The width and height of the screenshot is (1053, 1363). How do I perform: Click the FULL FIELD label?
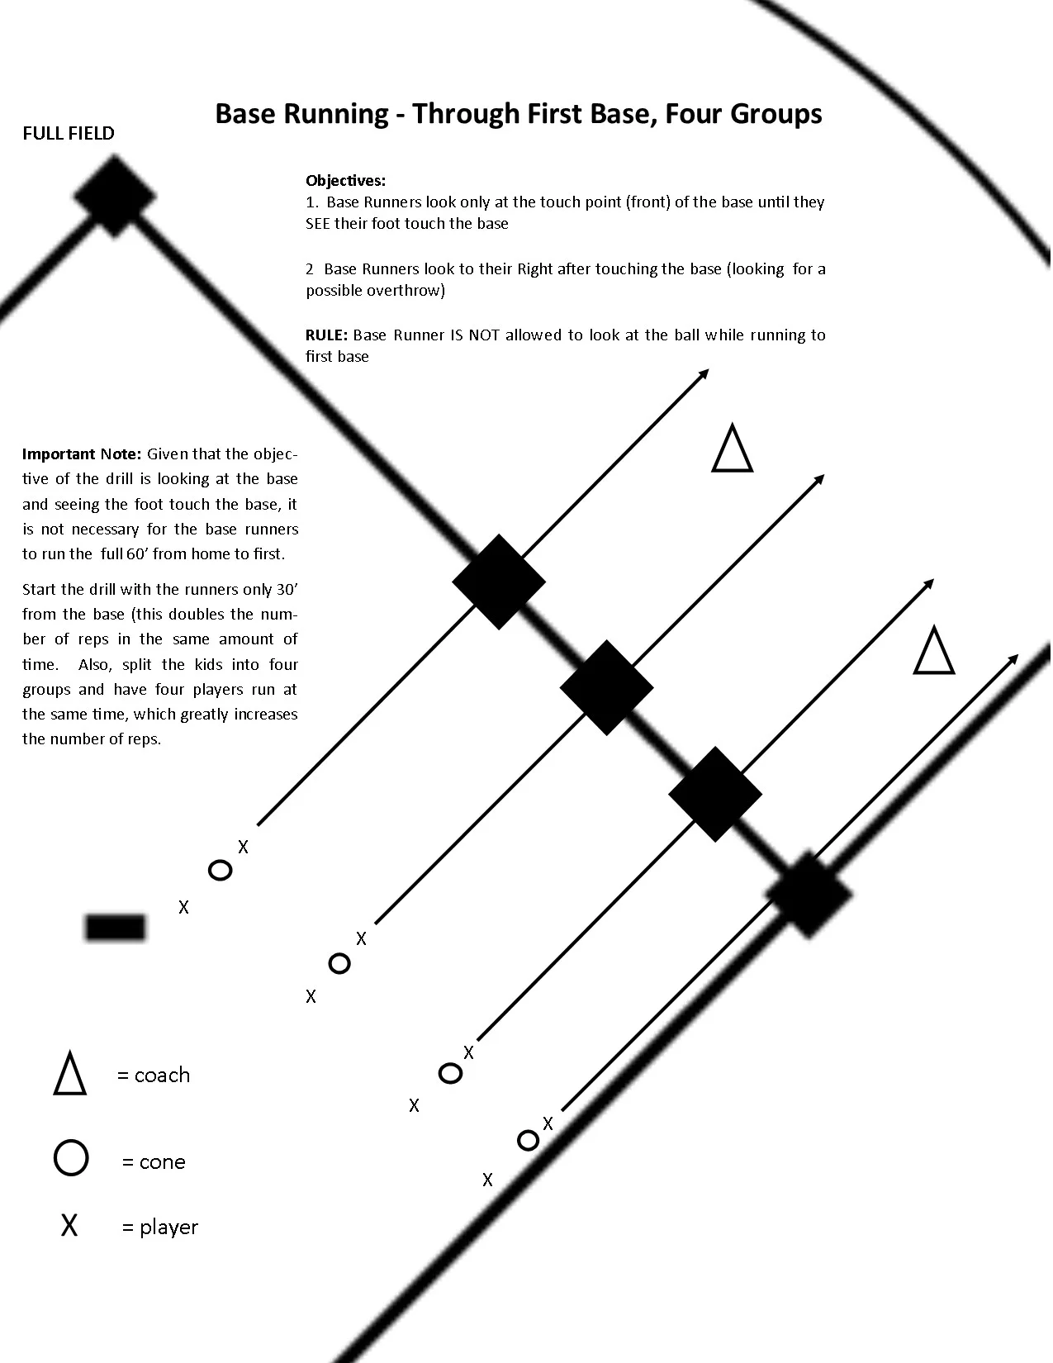69,134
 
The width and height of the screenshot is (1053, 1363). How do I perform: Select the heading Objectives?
345,180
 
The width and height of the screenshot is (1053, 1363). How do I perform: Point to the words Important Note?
82,454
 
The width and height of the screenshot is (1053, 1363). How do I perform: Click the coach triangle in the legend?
70,1074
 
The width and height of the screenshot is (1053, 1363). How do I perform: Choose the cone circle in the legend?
71,1158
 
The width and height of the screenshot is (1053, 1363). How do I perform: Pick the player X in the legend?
69,1226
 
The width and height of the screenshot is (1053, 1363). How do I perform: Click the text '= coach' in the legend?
154,1075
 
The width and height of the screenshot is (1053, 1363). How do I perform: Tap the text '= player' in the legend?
160,1227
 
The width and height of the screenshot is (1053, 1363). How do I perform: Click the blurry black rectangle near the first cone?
116,927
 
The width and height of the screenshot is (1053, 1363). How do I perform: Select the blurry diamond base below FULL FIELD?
115,197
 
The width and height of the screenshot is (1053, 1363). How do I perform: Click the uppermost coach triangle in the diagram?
733,449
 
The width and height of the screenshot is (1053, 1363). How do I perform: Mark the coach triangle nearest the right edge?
934,651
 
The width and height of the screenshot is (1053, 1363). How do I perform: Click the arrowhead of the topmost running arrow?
704,373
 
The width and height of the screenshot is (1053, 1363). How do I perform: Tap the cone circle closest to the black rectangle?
220,870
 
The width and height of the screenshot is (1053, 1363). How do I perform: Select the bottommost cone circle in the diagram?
528,1140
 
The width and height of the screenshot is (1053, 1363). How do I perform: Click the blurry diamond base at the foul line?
808,895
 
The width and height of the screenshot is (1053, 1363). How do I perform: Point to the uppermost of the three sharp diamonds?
499,582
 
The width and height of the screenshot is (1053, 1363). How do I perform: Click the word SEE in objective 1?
318,224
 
